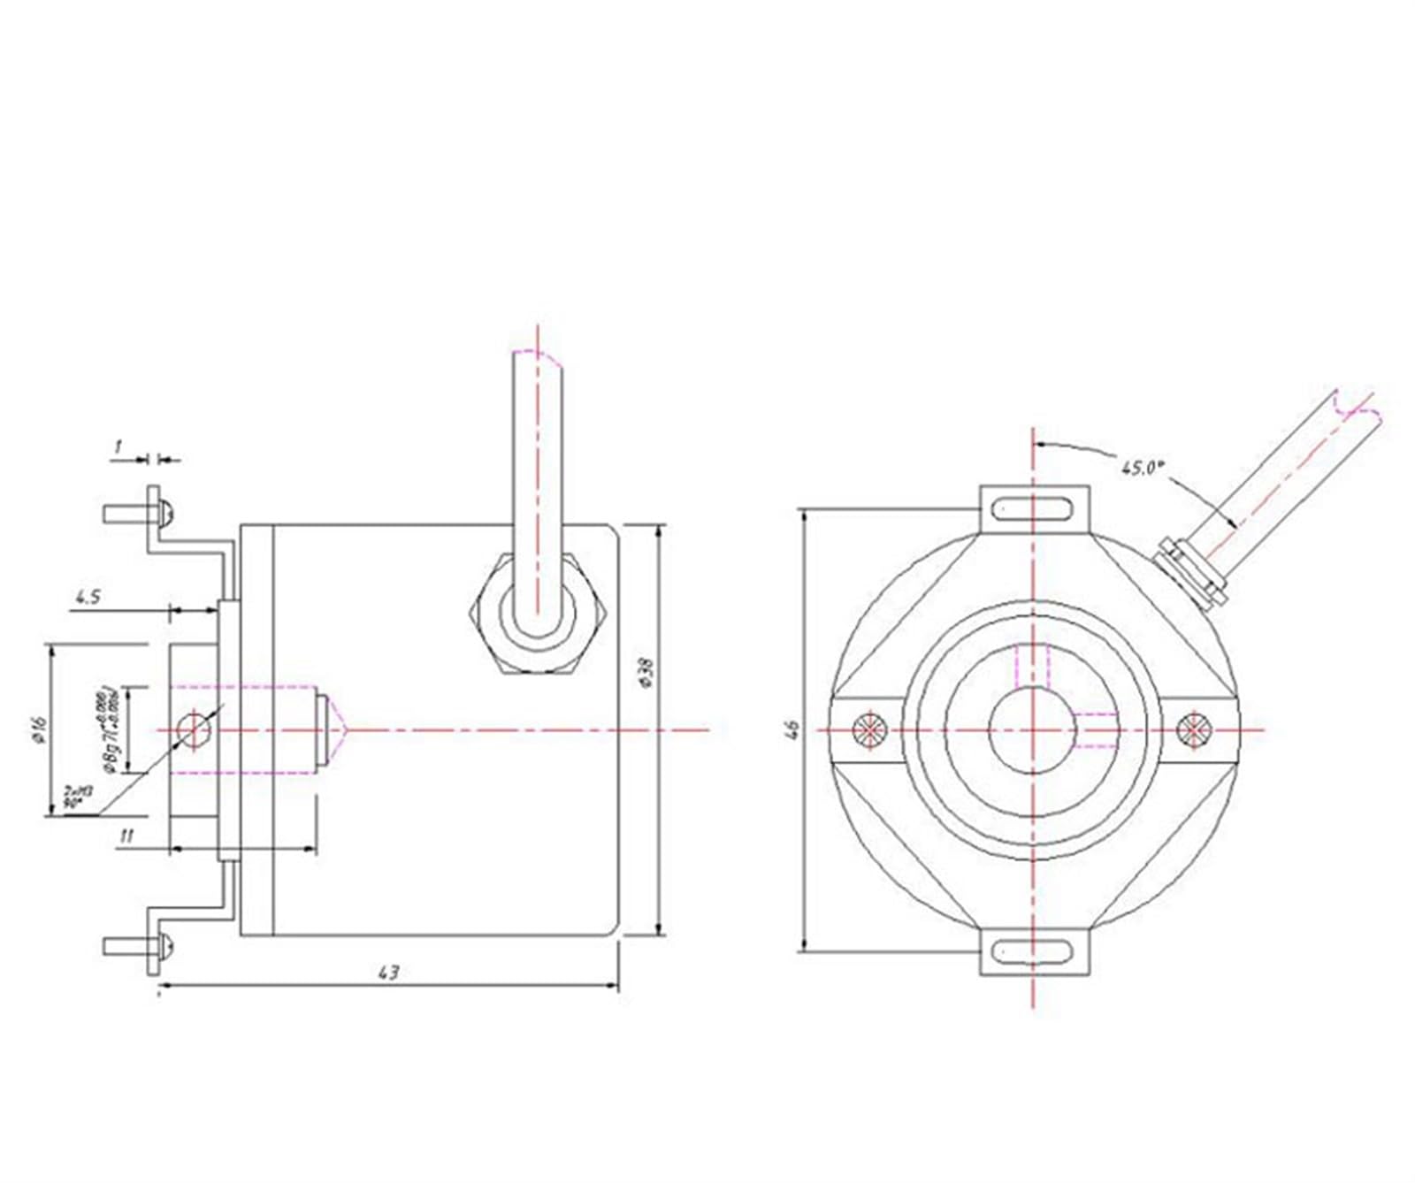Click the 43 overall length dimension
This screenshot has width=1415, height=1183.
point(388,972)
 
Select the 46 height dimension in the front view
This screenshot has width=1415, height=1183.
point(793,729)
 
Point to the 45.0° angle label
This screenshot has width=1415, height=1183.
point(1139,468)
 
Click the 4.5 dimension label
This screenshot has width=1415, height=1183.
point(87,597)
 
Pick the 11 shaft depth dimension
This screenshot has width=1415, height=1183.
point(126,836)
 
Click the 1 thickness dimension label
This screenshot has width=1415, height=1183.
point(118,447)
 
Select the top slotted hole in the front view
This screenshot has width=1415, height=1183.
point(1033,509)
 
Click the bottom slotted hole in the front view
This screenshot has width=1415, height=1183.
point(1033,951)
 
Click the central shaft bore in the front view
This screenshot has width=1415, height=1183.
point(1032,730)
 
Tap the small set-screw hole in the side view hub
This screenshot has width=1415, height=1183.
point(194,730)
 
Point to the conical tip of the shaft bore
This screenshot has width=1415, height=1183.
point(338,730)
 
